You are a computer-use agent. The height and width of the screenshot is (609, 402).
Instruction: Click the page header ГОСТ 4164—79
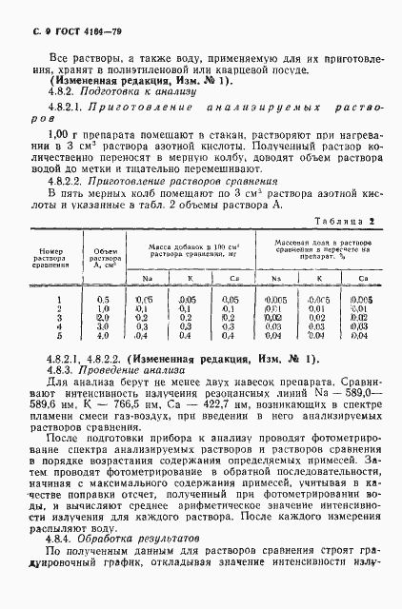(x=58, y=17)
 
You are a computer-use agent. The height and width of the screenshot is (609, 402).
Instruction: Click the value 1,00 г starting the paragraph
(x=61, y=136)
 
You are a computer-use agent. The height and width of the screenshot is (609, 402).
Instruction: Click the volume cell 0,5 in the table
(x=103, y=300)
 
